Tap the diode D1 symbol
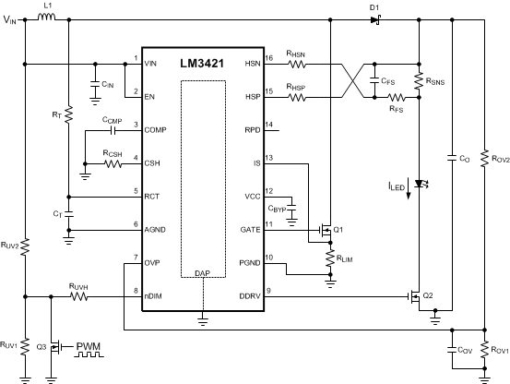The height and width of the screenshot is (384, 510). click(x=375, y=18)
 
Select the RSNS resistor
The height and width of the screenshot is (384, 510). click(x=420, y=81)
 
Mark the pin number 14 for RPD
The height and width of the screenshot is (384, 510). click(x=268, y=124)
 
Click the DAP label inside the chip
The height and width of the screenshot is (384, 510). click(x=202, y=274)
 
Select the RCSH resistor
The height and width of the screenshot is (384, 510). click(x=113, y=163)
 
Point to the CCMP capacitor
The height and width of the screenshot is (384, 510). click(x=113, y=131)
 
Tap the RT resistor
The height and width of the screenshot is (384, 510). click(x=69, y=117)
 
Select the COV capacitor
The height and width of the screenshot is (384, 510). click(x=452, y=351)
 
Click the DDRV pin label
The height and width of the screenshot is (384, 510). click(x=247, y=296)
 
